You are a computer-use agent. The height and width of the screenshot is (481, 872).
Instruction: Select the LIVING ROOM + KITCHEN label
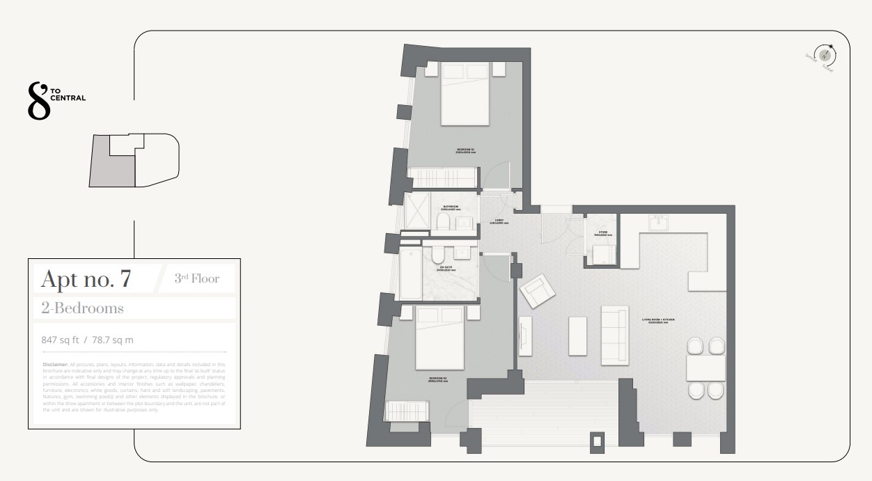(658, 321)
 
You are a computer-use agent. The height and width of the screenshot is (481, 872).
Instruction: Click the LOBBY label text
(499, 222)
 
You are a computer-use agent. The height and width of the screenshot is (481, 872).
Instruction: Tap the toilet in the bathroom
(442, 222)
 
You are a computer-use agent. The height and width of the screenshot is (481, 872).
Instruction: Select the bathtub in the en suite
(411, 274)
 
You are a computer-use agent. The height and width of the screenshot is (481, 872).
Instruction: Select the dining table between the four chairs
(706, 368)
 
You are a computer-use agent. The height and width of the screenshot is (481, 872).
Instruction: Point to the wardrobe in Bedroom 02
(402, 410)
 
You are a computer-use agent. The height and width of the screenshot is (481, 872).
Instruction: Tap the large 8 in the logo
(38, 101)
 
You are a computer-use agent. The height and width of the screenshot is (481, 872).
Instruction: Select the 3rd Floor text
(196, 279)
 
